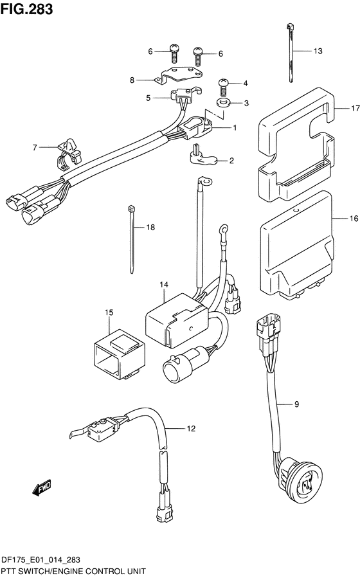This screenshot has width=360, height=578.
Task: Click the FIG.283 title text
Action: click(26, 9)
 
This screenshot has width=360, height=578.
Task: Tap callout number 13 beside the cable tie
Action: click(318, 51)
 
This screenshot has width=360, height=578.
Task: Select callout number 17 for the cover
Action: click(355, 109)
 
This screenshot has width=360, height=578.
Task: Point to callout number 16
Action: click(354, 219)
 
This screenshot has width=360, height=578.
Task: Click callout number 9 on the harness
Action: click(296, 404)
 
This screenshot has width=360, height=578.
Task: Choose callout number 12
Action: click(191, 428)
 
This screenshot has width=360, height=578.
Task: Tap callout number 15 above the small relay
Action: click(109, 312)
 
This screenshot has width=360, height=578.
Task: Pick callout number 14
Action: click(164, 285)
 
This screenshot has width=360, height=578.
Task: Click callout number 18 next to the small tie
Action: click(150, 227)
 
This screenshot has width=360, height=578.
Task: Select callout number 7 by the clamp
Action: click(35, 147)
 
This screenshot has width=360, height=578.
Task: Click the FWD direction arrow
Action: click(41, 487)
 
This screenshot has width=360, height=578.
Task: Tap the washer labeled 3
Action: click(223, 102)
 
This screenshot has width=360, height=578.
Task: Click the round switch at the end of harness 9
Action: click(298, 479)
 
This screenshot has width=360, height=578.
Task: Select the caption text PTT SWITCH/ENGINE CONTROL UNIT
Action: click(74, 572)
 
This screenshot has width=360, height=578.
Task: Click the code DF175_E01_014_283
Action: click(41, 560)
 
